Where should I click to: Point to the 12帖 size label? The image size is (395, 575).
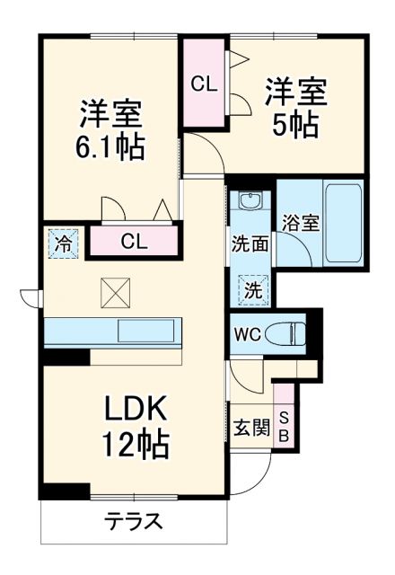tap(135, 443)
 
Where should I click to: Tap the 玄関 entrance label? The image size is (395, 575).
tap(250, 427)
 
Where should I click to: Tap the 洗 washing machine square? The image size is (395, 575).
tap(252, 289)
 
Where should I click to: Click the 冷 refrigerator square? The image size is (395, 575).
tap(64, 242)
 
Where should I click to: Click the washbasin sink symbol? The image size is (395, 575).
tap(250, 201)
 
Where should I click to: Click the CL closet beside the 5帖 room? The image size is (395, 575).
tap(203, 84)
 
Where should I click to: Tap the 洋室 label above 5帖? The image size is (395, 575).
tap(296, 92)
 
